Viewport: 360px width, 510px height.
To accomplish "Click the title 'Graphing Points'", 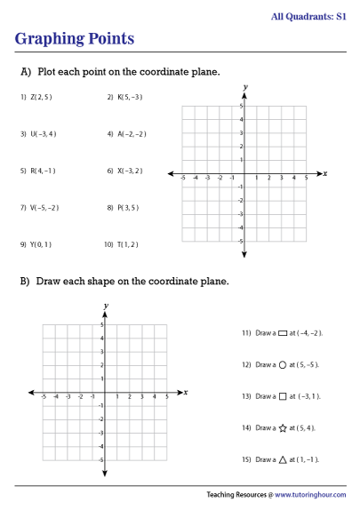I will click(75, 39).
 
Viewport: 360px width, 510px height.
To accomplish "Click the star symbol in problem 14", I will click(283, 428).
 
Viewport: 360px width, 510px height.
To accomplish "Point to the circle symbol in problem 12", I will click(283, 364).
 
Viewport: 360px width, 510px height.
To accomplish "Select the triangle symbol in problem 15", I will click(283, 460).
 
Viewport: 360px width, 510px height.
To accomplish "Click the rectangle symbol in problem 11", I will click(283, 333).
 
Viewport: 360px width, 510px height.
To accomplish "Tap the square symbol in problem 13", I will click(283, 396).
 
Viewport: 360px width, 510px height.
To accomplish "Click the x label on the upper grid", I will click(325, 173).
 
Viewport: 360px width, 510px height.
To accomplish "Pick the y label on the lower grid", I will click(106, 306).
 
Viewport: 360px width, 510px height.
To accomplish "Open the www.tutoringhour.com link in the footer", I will click(310, 494).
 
